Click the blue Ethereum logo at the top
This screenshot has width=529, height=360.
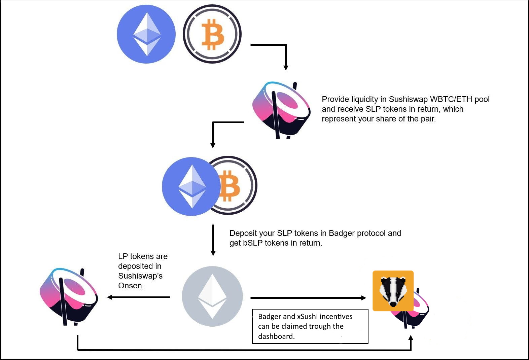click(146, 34)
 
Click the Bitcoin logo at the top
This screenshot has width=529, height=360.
click(212, 34)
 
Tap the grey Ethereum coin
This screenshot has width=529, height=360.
click(212, 296)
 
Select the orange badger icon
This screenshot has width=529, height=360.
click(393, 291)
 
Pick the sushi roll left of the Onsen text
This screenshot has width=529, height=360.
click(69, 297)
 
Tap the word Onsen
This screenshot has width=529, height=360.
click(131, 286)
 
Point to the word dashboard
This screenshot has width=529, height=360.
click(276, 336)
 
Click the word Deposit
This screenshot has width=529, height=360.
click(243, 233)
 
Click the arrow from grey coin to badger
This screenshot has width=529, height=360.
click(308, 298)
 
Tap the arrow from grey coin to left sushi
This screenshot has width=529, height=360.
click(139, 297)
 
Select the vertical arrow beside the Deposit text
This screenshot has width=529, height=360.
click(213, 240)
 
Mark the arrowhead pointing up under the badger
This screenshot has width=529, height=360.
click(411, 338)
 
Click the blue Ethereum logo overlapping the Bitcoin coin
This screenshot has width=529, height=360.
click(191, 186)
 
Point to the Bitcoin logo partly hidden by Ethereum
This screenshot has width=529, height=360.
click(236, 185)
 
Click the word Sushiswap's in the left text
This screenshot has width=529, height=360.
click(140, 276)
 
